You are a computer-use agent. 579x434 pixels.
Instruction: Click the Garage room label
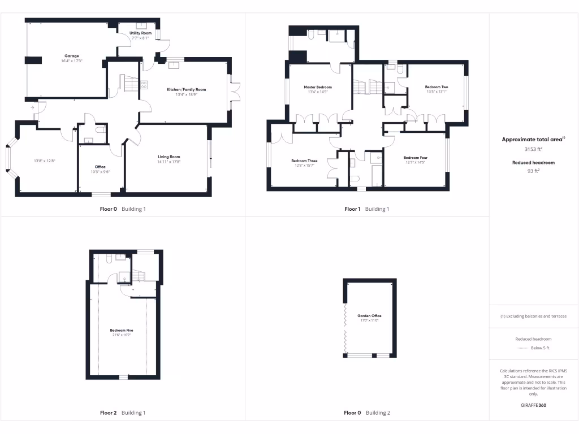click(71, 56)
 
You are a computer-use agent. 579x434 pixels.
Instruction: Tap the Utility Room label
click(141, 33)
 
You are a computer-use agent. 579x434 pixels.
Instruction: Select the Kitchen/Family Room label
click(186, 89)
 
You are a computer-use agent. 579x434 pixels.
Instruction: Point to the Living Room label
click(168, 157)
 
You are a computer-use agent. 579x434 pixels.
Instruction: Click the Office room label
click(100, 167)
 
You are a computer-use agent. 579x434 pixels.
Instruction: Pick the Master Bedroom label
click(318, 87)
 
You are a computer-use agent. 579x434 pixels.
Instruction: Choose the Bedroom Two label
click(437, 87)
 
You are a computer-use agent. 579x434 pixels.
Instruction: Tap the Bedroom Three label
click(304, 160)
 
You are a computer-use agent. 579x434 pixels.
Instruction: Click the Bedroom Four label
click(415, 157)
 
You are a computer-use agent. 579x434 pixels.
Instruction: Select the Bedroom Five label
click(122, 330)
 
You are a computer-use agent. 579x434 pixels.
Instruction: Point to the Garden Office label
click(369, 316)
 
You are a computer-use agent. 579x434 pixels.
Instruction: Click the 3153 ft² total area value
click(534, 149)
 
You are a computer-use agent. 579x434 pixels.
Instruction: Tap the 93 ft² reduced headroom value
click(534, 170)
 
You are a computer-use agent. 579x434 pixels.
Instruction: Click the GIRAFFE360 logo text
click(534, 405)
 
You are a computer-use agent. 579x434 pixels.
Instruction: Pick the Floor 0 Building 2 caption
click(367, 413)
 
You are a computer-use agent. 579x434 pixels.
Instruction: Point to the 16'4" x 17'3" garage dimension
click(71, 61)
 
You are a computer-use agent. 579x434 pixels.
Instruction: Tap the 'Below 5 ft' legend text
click(540, 348)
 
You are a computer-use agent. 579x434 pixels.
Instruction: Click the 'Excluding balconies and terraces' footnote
click(534, 316)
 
